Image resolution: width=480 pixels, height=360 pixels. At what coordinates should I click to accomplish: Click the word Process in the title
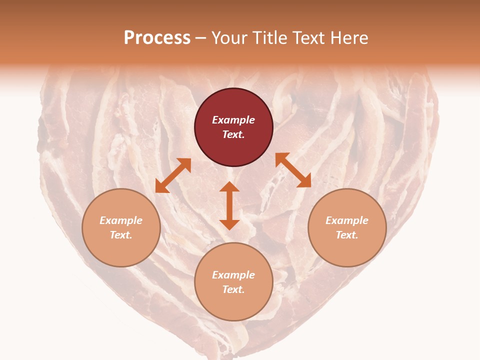click(x=157, y=38)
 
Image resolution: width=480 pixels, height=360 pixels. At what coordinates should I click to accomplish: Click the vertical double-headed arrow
click(x=229, y=205)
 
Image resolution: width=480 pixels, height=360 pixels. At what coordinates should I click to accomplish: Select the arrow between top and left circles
click(x=173, y=175)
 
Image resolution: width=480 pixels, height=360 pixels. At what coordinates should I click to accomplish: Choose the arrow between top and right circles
click(x=293, y=170)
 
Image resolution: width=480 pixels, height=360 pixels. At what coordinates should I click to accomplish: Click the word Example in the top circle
click(x=233, y=120)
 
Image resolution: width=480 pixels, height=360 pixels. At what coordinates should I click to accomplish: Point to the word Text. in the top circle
click(x=233, y=134)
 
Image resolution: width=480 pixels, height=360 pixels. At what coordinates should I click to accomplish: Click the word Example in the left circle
click(x=121, y=220)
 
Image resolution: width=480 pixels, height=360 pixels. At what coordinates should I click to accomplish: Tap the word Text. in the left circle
click(x=121, y=235)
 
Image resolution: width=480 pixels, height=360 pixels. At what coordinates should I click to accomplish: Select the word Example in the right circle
click(x=347, y=220)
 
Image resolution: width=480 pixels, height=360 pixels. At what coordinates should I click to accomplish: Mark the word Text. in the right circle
click(x=347, y=235)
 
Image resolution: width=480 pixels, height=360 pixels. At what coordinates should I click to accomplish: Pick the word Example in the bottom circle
click(x=233, y=275)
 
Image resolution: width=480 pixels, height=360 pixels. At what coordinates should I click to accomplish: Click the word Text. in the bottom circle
click(x=233, y=289)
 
